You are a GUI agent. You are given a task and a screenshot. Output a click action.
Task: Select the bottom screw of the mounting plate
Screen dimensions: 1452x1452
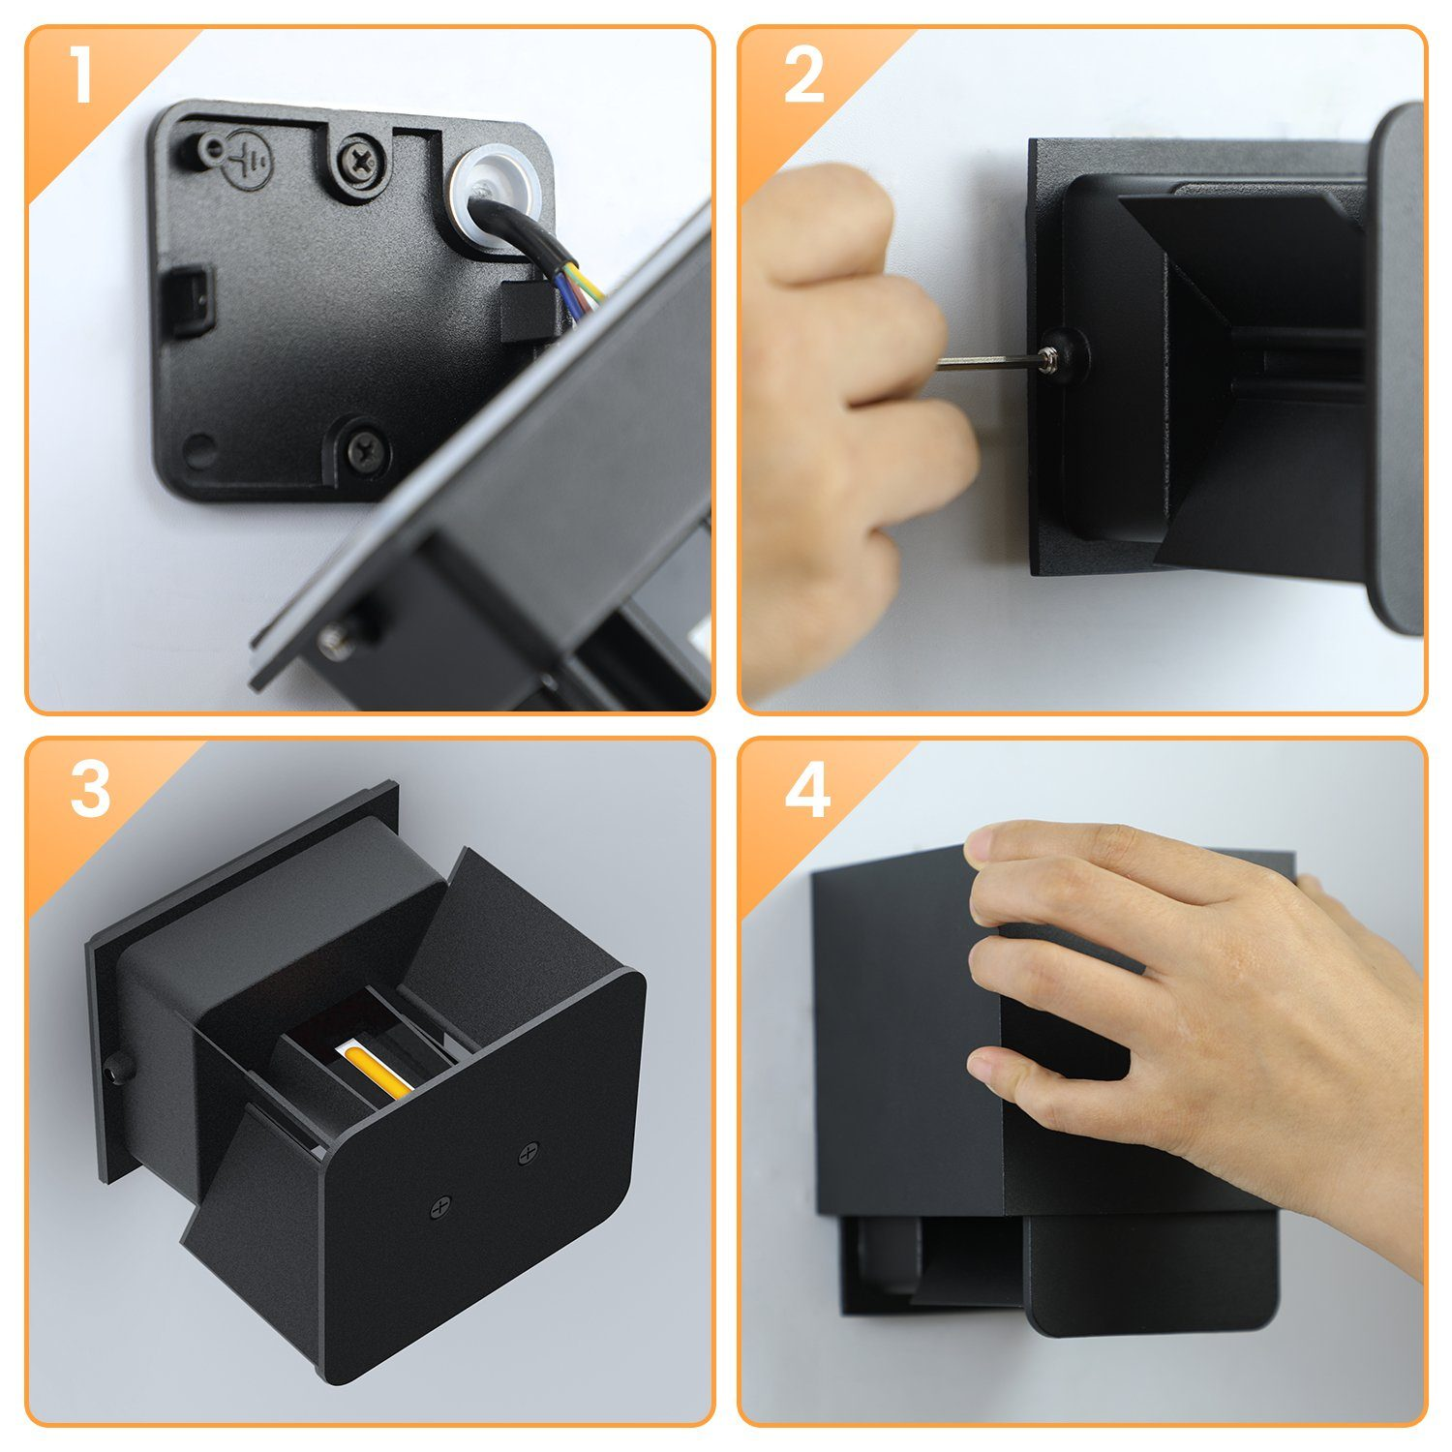(x=367, y=448)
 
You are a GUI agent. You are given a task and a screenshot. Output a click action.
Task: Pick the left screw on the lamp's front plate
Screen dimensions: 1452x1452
(x=439, y=1207)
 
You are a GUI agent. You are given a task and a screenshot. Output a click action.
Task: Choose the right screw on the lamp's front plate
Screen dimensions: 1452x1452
(x=527, y=1153)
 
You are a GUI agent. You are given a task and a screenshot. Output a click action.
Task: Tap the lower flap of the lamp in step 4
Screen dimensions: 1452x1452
(x=1152, y=1278)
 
